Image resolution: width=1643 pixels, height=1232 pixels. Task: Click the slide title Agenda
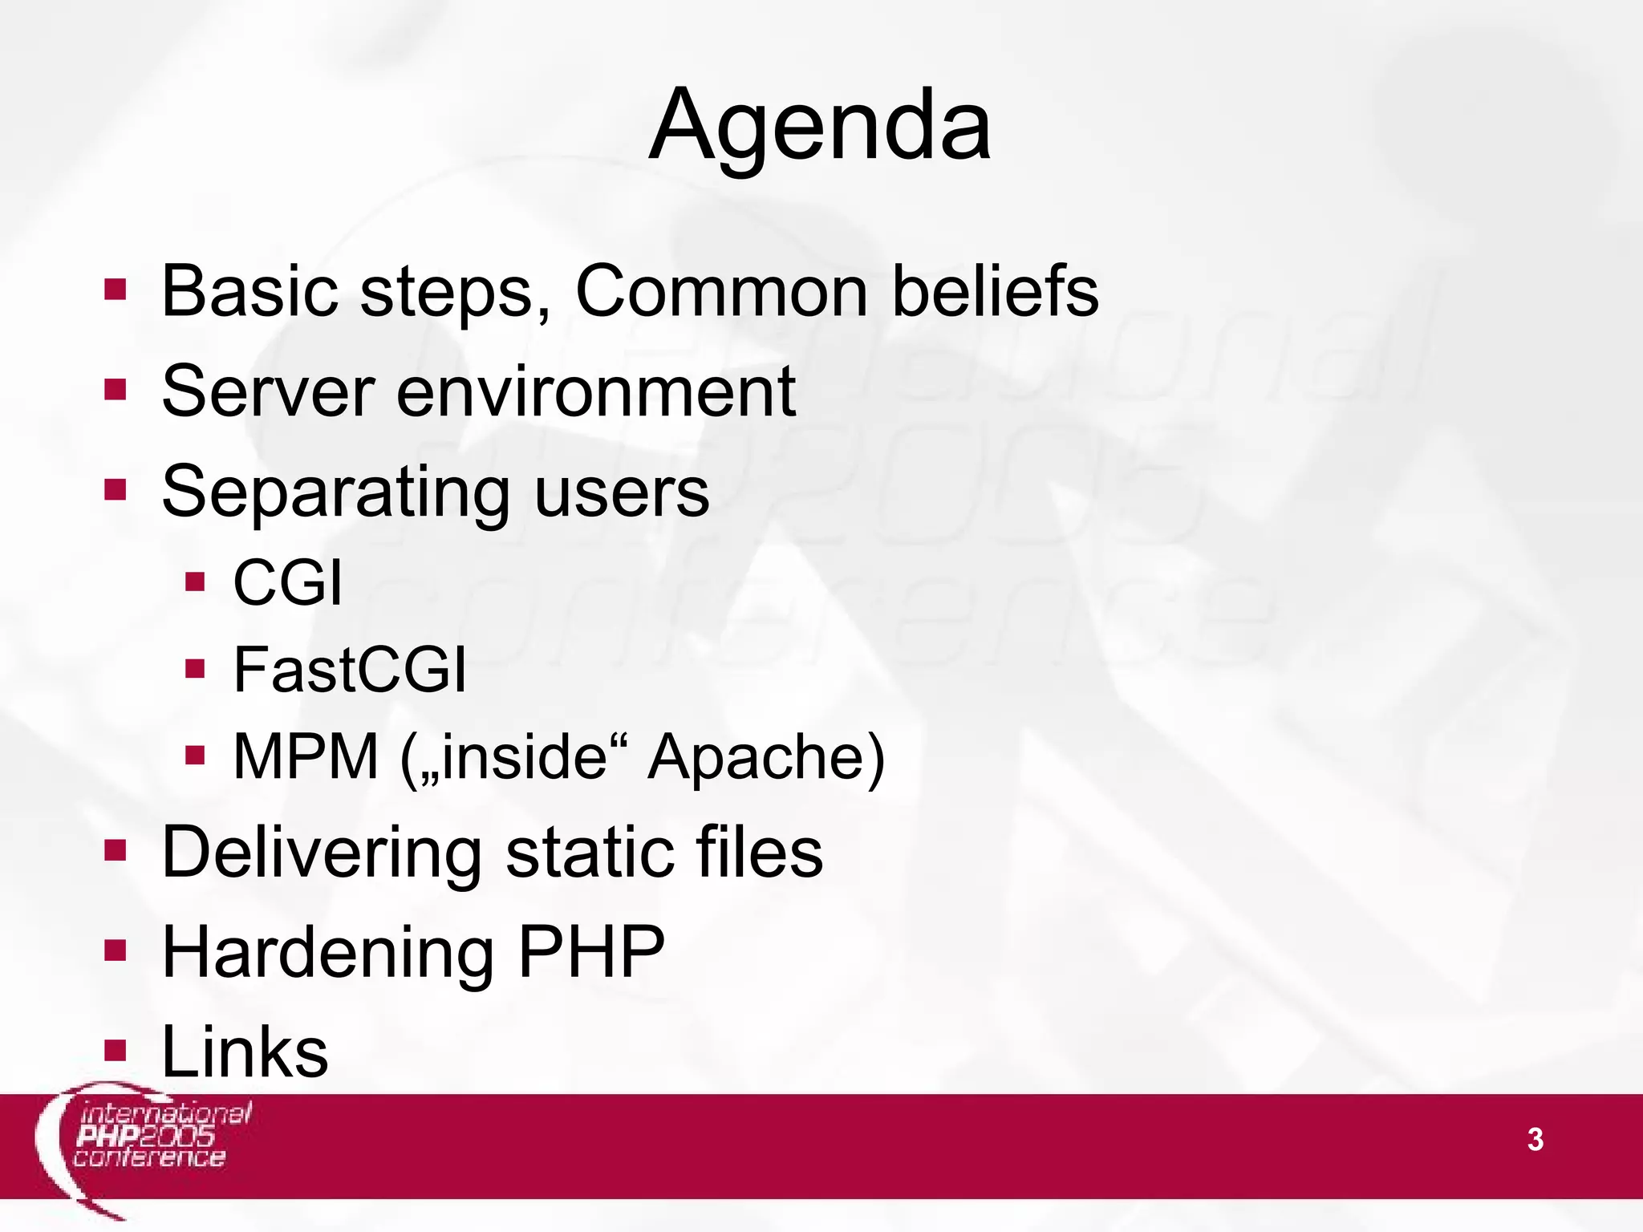(820, 127)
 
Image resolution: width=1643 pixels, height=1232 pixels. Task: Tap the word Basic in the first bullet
(249, 292)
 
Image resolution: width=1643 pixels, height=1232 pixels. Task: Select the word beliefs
(995, 292)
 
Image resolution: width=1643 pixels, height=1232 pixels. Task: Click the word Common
(721, 292)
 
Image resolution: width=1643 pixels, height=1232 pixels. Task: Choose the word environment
(595, 392)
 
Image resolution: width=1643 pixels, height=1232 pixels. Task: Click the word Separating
(335, 492)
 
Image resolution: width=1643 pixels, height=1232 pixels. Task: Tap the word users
(622, 492)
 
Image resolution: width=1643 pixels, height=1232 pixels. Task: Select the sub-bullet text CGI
(287, 583)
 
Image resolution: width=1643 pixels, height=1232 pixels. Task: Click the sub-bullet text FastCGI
(349, 671)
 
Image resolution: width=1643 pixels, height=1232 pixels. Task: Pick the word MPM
(305, 757)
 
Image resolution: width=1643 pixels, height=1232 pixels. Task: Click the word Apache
(766, 757)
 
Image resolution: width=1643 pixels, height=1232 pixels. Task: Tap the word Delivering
(321, 853)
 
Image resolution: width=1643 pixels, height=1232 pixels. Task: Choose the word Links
(245, 1052)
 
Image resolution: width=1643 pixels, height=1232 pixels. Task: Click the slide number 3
(1535, 1140)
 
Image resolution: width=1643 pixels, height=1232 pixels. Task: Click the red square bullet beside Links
(116, 1050)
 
